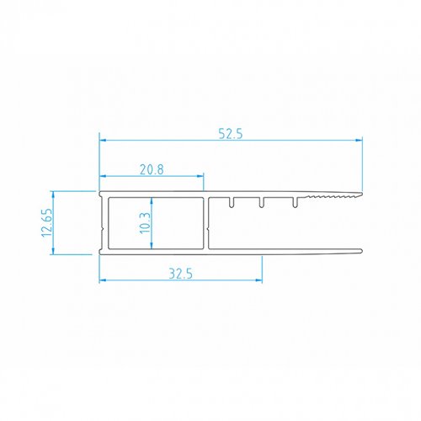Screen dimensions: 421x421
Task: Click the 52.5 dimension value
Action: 231,134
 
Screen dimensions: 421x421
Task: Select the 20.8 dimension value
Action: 152,169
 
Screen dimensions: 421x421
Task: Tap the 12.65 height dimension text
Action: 46,222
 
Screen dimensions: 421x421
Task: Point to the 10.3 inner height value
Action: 145,223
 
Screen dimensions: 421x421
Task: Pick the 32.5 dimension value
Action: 181,274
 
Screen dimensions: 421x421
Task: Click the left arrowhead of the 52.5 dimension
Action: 103,140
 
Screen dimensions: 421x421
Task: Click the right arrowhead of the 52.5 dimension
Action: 359,140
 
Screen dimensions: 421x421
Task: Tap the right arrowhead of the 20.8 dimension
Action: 200,176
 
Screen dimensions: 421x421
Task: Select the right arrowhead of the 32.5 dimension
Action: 258,280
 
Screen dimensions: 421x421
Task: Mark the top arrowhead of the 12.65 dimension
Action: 53,195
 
